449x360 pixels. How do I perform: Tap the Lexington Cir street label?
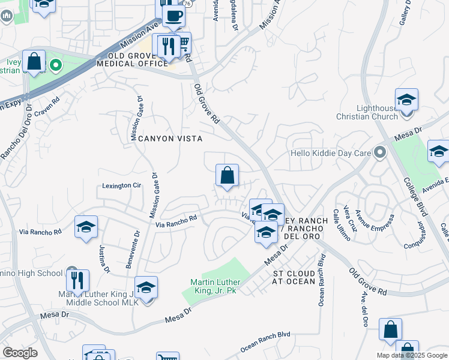121,186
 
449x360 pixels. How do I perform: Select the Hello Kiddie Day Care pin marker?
379,152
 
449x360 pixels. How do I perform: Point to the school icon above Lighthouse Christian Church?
406,99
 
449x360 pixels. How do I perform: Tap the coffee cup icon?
173,16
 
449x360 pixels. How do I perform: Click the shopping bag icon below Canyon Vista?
228,176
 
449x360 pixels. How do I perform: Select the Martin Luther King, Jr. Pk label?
215,286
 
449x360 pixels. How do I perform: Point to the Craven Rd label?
47,112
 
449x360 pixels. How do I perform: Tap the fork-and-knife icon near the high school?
77,280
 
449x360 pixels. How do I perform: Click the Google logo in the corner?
20,353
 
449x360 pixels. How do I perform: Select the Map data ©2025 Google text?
411,355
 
